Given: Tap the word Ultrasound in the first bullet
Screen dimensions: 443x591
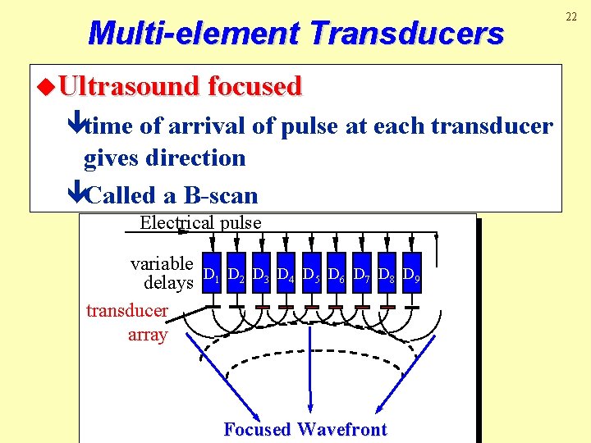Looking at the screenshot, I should pos(131,86).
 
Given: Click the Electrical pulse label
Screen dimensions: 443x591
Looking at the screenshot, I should pos(200,222).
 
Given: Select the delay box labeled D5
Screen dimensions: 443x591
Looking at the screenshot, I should pos(312,272).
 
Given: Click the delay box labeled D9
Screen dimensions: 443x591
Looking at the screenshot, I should pos(412,272).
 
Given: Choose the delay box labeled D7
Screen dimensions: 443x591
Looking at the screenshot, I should pos(362,272).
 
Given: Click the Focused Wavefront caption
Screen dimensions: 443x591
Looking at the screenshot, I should pos(305,429).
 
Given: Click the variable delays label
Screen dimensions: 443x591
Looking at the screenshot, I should pos(162,273).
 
